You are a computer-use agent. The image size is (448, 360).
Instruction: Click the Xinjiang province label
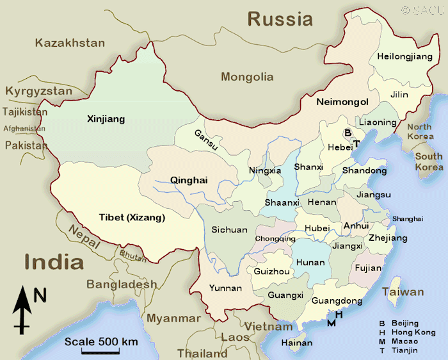point(106,119)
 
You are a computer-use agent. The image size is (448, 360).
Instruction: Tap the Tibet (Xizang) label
point(132,217)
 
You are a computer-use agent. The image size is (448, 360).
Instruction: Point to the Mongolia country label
point(247,77)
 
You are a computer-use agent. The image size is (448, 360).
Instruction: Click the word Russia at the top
point(280,19)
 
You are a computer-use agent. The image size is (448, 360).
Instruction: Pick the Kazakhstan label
point(70,43)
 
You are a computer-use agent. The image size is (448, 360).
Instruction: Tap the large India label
point(54,261)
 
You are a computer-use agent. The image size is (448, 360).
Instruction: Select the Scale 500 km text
point(101,341)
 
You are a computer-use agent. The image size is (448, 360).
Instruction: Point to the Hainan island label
point(297,343)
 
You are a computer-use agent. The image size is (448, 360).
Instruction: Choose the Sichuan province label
point(229,229)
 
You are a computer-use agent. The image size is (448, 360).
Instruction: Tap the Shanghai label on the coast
point(408,218)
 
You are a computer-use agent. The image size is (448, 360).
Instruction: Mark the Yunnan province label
point(225,288)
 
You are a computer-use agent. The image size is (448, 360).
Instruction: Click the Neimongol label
point(342,102)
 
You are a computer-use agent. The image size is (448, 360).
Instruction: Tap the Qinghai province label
point(189,180)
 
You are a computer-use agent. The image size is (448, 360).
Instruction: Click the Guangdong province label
point(337,301)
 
